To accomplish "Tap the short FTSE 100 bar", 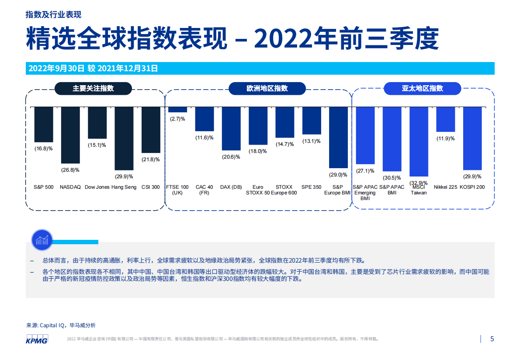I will pos(177,110).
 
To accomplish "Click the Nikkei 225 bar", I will pos(445,119).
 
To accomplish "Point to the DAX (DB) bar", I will pos(231,128).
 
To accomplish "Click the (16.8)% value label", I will pos(44,149).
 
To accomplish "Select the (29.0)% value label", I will pos(338,175).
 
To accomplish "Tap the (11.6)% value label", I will pos(204,138).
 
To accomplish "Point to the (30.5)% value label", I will pos(392,178).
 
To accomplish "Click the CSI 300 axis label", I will pos(151,187).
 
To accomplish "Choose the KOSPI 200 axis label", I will pos(472,187).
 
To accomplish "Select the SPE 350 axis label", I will pos(312,187).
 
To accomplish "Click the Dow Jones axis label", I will pos(97,187).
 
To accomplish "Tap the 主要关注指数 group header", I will pos(93,88).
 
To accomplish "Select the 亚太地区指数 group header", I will pos(422,88).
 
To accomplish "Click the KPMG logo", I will pos(37,340).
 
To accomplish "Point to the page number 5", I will pos(492,339).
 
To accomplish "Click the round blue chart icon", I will pos(42,240).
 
